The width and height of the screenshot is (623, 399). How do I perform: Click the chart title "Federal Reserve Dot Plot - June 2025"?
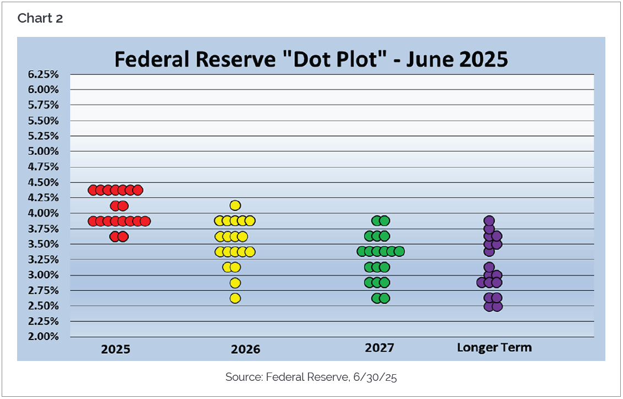coord(311,59)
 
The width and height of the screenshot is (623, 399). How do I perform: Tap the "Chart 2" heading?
coord(40,18)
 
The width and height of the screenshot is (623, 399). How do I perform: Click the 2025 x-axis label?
coord(116,349)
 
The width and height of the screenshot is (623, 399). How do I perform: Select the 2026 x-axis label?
coord(245,349)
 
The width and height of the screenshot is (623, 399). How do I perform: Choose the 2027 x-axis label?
coord(380,348)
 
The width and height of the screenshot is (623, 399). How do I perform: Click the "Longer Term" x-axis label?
coord(494,348)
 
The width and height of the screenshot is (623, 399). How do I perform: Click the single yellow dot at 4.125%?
coord(235,206)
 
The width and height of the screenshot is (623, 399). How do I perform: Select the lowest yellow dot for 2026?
coord(235,298)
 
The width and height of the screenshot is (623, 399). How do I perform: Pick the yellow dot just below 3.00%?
coord(235,283)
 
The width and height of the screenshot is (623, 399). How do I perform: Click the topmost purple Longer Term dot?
coord(489,221)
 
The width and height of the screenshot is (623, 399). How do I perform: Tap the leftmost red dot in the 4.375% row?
coord(93,190)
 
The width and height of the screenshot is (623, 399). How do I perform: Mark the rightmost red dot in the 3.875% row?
coord(145,221)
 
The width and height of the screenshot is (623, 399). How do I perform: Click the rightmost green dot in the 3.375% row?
coord(399,252)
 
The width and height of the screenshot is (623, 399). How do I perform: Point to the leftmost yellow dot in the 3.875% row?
coord(220,221)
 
